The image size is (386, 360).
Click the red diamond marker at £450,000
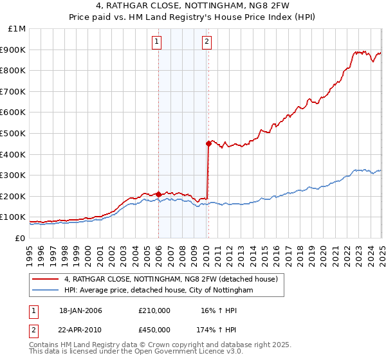[x=208, y=144]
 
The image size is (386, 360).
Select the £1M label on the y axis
[x=17, y=28]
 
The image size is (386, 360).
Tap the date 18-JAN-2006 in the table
[x=80, y=310]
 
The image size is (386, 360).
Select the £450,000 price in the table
[x=154, y=329]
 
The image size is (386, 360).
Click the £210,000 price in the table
[x=154, y=310]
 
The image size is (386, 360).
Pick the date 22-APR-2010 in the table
[x=80, y=329]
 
